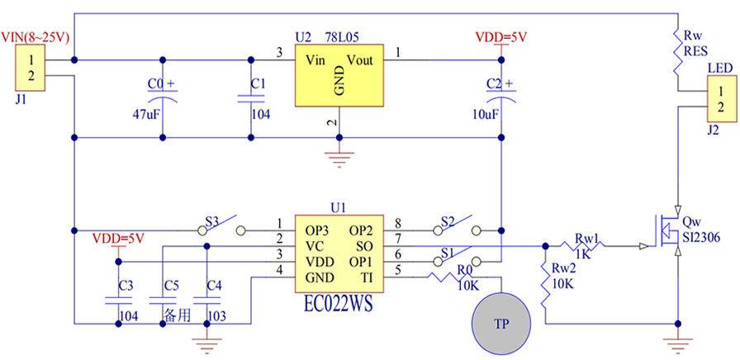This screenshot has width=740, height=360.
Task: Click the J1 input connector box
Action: pyautogui.click(x=31, y=68)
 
